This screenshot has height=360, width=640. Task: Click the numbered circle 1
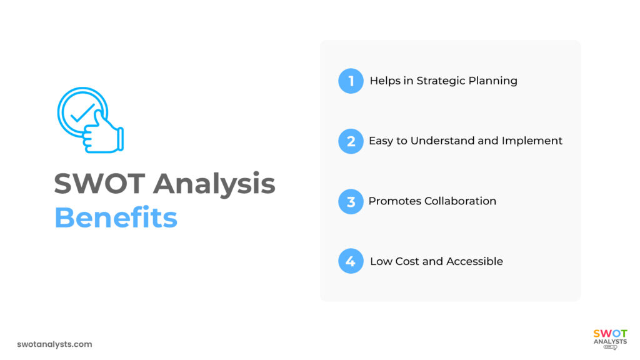pyautogui.click(x=351, y=81)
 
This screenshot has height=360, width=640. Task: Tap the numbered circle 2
pyautogui.click(x=351, y=141)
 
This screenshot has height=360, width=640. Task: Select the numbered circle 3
pyautogui.click(x=351, y=201)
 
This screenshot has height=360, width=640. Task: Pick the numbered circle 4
pyautogui.click(x=351, y=261)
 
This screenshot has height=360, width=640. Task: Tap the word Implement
pyautogui.click(x=532, y=141)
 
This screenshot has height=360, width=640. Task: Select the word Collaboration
pyautogui.click(x=460, y=201)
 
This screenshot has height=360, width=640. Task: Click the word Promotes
pyautogui.click(x=395, y=201)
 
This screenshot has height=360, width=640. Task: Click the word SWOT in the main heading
pyautogui.click(x=99, y=184)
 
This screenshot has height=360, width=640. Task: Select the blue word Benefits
pyautogui.click(x=116, y=217)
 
